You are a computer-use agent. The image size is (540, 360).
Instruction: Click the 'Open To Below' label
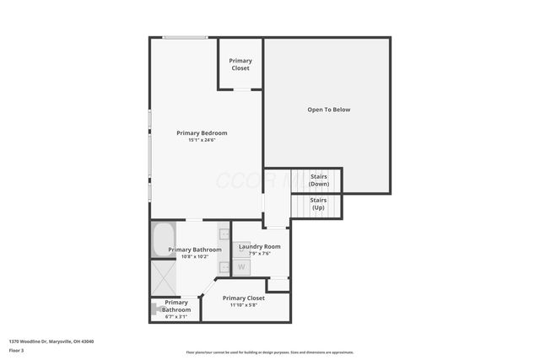click(328, 110)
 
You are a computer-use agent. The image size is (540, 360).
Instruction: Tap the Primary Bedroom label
click(202, 132)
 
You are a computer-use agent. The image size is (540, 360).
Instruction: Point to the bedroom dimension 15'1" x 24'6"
click(202, 140)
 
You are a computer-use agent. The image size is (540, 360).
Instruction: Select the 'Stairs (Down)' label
click(319, 180)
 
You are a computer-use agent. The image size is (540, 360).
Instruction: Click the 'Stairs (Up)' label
click(318, 203)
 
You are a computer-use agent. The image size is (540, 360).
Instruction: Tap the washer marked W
click(241, 267)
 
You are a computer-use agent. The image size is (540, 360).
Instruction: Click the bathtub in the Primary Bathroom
click(163, 239)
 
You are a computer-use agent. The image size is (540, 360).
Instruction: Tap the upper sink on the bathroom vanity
click(224, 233)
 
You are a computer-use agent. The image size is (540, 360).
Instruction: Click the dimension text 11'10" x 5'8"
click(244, 305)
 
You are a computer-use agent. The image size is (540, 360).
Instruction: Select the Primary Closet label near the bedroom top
click(240, 64)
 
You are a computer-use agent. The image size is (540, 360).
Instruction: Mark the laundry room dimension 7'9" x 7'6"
click(254, 253)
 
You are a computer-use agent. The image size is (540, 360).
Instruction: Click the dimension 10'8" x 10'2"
click(195, 256)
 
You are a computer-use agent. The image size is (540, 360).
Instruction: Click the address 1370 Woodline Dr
click(51, 341)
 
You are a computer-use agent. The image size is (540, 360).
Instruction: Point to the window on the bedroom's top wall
click(185, 37)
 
